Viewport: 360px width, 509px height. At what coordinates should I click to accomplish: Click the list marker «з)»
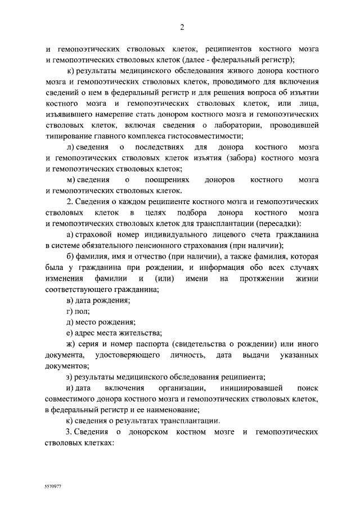pyautogui.click(x=69, y=377)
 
